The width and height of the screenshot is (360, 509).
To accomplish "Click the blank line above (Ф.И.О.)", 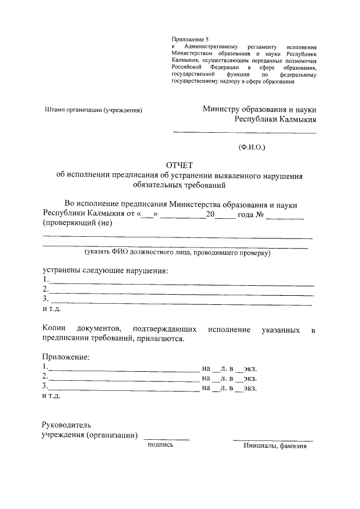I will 244,133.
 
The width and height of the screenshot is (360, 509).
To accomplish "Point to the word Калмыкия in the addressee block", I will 294,119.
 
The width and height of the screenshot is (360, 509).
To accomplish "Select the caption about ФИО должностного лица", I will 178,253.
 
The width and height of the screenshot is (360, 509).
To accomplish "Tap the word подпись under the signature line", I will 160,444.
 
